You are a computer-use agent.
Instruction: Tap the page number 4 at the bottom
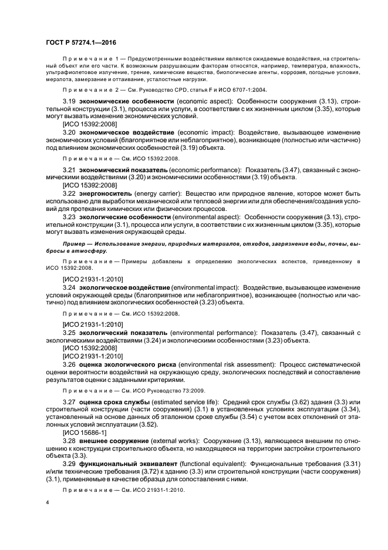pyautogui.click(x=47, y=503)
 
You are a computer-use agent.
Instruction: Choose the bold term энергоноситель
pyautogui.click(x=103, y=193)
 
